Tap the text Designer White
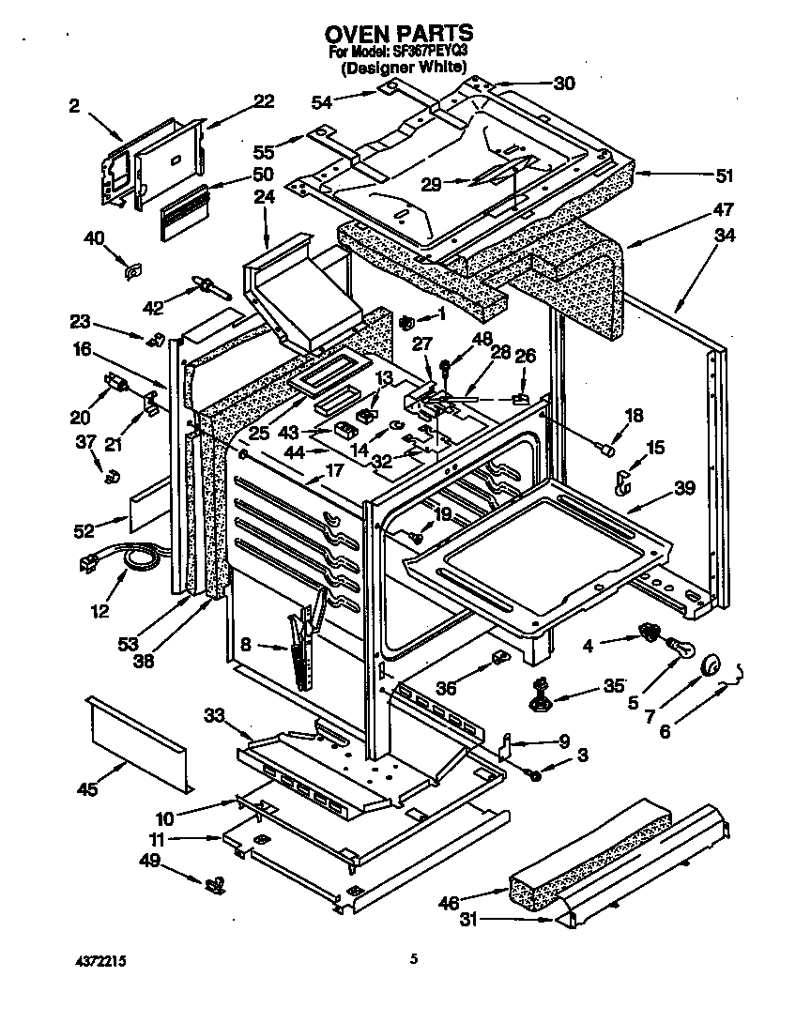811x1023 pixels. pyautogui.click(x=404, y=68)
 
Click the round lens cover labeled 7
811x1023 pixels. pyautogui.click(x=709, y=664)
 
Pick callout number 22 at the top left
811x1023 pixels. pyautogui.click(x=264, y=100)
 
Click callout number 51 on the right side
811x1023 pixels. pyautogui.click(x=724, y=175)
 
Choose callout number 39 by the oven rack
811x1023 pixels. pyautogui.click(x=684, y=487)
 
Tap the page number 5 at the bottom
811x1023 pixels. pyautogui.click(x=413, y=959)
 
